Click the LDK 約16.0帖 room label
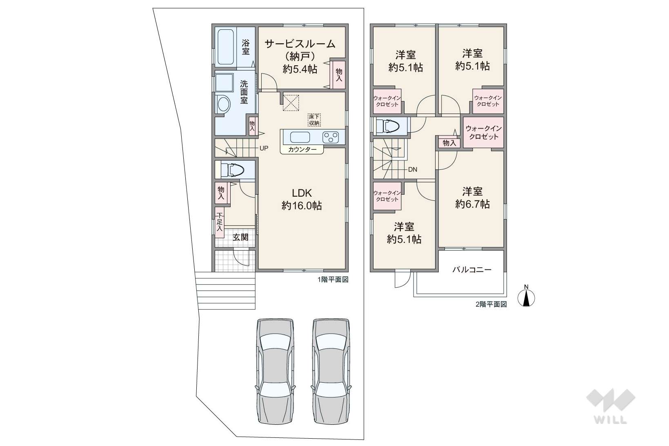[302, 200]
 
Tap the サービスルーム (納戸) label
[300, 50]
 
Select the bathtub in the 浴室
[225, 47]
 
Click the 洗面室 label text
[244, 92]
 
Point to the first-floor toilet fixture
[233, 170]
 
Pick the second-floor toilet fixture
[388, 126]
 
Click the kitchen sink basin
[300, 138]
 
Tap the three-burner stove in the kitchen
[331, 138]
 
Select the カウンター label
[302, 150]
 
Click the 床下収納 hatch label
[314, 120]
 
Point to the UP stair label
[264, 148]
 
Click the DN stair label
[412, 170]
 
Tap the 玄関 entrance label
[240, 237]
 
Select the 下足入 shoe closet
[220, 222]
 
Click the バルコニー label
[472, 270]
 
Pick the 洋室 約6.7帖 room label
[473, 198]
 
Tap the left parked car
[276, 371]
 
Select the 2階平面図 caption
[491, 304]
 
